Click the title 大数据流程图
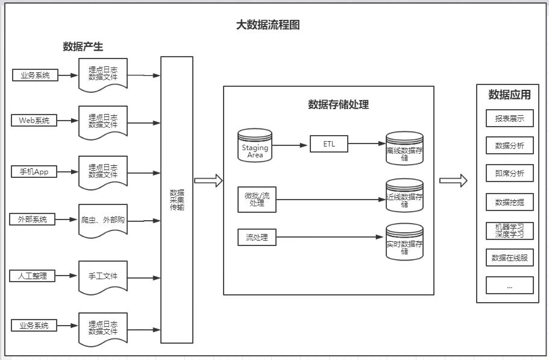[268, 25]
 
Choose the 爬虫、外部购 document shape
[102, 221]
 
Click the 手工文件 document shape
[102, 277]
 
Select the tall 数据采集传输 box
[177, 200]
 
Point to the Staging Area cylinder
[255, 145]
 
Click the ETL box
[328, 144]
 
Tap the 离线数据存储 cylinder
[405, 149]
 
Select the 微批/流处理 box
[258, 200]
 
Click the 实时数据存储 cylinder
[405, 242]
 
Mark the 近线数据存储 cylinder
[405, 196]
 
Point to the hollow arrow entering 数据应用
[453, 180]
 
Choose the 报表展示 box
[509, 118]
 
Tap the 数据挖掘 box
[509, 202]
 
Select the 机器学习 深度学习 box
[509, 231]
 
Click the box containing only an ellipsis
[509, 285]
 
